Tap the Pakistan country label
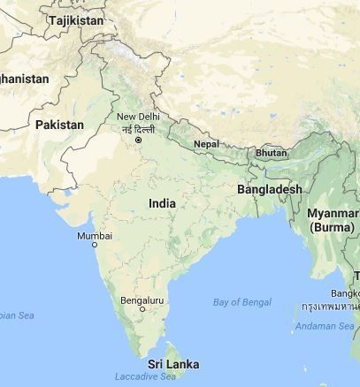point(59,125)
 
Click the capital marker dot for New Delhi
point(138,140)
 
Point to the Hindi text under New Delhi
point(140,129)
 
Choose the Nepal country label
point(206,143)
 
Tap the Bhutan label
point(271,153)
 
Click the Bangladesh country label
point(270,189)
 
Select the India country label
point(162,203)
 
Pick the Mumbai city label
point(95,235)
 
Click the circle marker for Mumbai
point(95,245)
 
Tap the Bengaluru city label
point(142,300)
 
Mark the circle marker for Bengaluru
point(142,309)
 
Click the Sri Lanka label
point(172,364)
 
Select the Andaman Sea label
point(325,326)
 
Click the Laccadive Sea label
point(145,376)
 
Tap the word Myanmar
point(333,214)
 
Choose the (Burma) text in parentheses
point(332,227)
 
